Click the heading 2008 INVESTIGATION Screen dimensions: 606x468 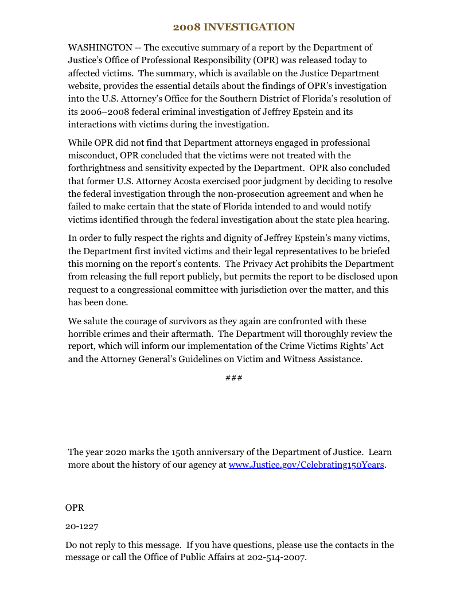point(234,27)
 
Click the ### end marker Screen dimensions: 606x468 point(233,377)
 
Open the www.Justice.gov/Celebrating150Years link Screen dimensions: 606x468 point(306,465)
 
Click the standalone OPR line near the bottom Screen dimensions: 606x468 point(75,507)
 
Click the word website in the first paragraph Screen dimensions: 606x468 point(85,86)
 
